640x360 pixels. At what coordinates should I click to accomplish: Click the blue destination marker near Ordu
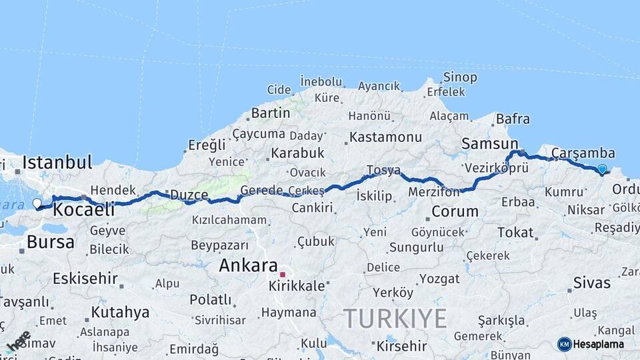pos(602,169)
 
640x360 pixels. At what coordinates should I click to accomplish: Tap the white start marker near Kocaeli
pos(37,203)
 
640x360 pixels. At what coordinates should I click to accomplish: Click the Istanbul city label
pos(57,162)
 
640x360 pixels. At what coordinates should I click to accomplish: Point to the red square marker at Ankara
pos(283,274)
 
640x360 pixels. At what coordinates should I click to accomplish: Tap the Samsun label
pos(489,143)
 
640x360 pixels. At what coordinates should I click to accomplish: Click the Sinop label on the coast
pos(460,77)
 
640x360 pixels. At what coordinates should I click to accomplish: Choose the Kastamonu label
pos(385,137)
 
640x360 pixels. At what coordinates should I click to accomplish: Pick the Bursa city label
pos(51,242)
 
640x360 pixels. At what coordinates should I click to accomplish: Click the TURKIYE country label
pos(395,319)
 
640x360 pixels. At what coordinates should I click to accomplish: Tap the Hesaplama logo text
pos(599,344)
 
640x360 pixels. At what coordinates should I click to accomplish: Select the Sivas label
pos(591,283)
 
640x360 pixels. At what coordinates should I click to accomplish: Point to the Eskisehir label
pos(85,278)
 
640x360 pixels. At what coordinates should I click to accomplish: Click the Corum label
pos(455,211)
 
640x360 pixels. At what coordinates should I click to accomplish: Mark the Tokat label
pos(515,233)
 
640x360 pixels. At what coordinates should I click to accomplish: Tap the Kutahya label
pos(120,312)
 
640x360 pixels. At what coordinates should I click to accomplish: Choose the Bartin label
pos(271,113)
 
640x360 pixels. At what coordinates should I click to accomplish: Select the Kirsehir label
pos(401,346)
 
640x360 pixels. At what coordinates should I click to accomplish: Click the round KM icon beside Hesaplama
pos(564,344)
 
